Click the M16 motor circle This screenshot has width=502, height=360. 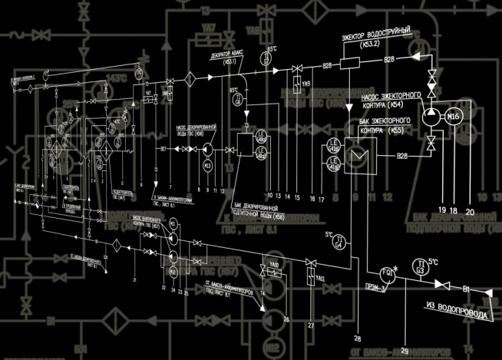pyautogui.click(x=454, y=116)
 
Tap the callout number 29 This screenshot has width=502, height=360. pyautogui.click(x=405, y=350)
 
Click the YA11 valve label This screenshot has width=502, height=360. pyautogui.click(x=321, y=277)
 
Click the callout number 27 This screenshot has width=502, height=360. pyautogui.click(x=312, y=326)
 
